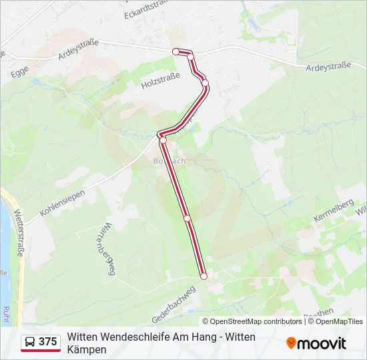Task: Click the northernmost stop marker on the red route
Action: (x=176, y=51)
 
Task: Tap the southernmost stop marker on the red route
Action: (x=204, y=276)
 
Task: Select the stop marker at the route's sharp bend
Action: (x=162, y=140)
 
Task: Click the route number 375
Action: (x=48, y=342)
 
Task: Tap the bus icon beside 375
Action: (x=31, y=342)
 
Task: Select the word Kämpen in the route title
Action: (x=87, y=349)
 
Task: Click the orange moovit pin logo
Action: (x=292, y=343)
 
